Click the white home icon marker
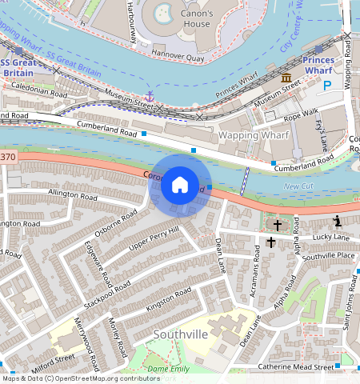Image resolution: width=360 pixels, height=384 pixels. click(180, 185)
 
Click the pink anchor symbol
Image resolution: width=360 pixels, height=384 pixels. click(149, 96)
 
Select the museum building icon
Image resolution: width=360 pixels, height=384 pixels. click(286, 78)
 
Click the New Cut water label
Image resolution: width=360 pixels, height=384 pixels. click(298, 186)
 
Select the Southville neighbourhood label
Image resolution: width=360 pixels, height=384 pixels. click(180, 334)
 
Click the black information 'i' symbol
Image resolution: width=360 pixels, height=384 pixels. click(337, 221)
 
